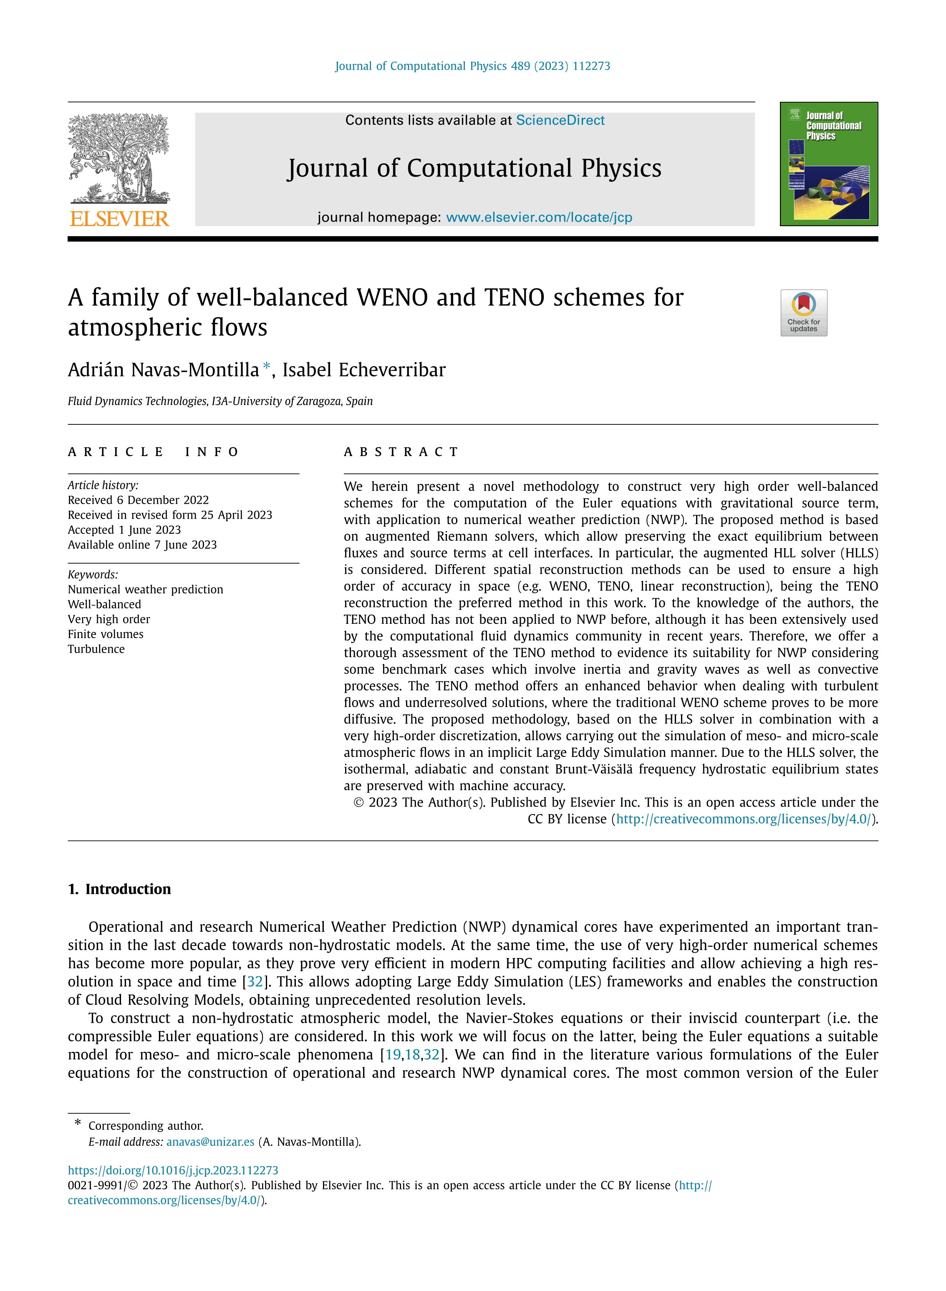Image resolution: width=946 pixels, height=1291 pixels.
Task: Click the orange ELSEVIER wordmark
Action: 119,219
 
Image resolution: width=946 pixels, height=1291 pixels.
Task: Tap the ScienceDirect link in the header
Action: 560,120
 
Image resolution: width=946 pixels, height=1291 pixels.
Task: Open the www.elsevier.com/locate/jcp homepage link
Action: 539,217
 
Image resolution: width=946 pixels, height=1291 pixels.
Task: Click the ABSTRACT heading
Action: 401,452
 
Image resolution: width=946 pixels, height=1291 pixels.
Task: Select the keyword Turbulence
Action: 96,649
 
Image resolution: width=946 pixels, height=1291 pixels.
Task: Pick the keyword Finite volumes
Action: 105,634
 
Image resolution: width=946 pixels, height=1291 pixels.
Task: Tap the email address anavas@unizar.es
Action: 210,1142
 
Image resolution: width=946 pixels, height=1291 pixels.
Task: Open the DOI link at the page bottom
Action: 173,1171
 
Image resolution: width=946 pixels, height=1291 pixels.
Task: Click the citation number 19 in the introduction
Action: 393,1054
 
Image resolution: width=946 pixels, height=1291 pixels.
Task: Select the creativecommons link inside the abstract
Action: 743,819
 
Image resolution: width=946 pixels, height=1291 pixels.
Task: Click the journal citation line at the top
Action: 472,66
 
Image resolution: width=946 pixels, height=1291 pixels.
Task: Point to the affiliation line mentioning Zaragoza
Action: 220,401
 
